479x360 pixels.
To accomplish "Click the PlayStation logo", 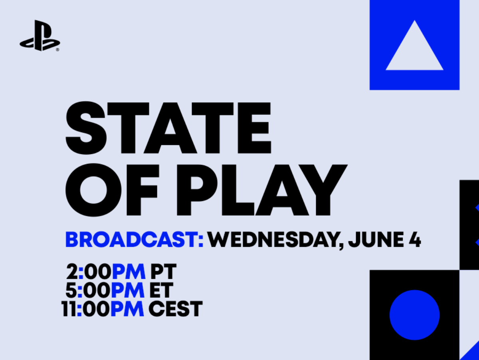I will pos(39,36).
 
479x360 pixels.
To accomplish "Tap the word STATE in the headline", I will pos(168,128).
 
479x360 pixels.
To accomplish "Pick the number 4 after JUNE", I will pos(414,241).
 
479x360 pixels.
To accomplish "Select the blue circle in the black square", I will pos(414,314).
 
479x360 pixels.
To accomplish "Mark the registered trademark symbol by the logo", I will pos(57,50).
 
